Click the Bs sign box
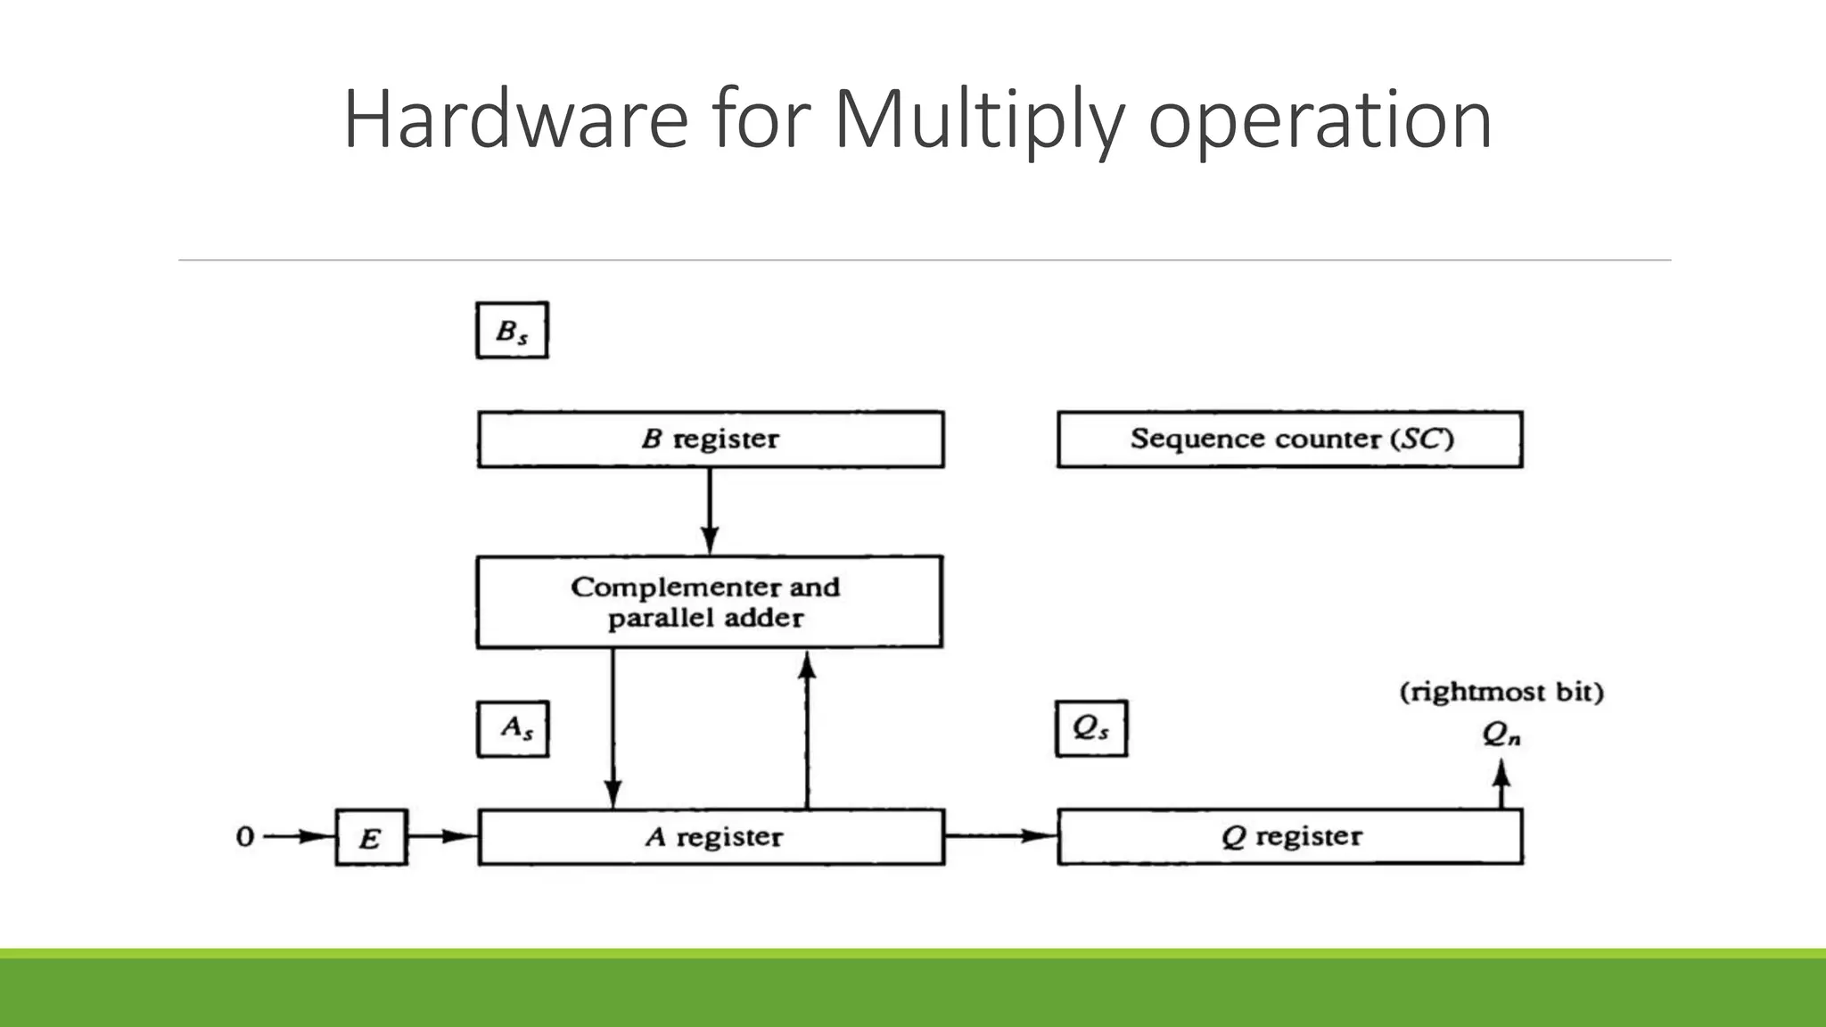tap(512, 331)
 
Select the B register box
tap(710, 439)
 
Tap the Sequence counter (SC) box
tap(1289, 439)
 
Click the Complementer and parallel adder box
tap(709, 602)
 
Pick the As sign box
tap(513, 729)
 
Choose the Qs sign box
tap(1090, 729)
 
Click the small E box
tap(371, 837)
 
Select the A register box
tap(711, 837)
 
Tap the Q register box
tap(1289, 837)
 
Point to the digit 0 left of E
tap(245, 837)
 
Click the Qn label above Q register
tap(1501, 734)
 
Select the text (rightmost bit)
tap(1501, 692)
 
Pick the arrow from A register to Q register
tap(1000, 836)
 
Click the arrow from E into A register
tap(442, 836)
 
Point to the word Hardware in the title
tap(515, 119)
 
